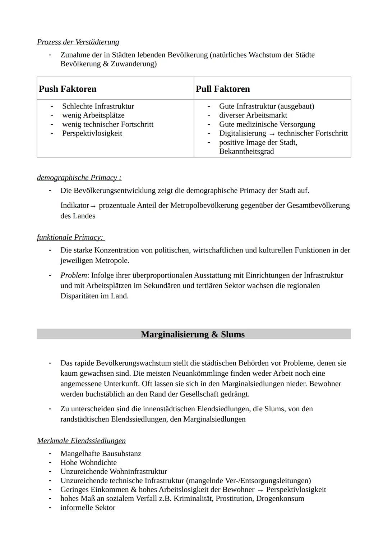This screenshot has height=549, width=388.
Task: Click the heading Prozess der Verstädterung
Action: click(78, 42)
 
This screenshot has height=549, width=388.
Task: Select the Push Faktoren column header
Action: click(68, 89)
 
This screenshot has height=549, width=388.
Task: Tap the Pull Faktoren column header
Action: click(223, 89)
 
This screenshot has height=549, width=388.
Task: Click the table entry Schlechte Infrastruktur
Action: click(98, 106)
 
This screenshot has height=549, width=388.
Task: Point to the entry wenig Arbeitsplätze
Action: click(93, 115)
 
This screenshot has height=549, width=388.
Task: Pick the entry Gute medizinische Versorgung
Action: click(267, 124)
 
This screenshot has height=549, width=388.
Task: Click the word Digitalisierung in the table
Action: click(242, 133)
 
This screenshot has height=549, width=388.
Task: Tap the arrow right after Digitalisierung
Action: click(272, 134)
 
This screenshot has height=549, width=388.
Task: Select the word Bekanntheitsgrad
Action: click(246, 151)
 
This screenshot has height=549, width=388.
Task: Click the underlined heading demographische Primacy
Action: click(79, 178)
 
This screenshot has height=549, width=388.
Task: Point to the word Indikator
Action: click(74, 205)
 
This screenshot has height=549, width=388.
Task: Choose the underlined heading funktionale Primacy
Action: click(70, 237)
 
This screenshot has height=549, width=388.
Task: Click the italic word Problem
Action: click(74, 275)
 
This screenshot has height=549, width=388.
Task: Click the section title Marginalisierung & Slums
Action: click(193, 334)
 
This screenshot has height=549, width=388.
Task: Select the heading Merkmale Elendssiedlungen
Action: click(81, 441)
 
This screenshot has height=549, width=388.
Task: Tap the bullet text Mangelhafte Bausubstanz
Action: click(101, 454)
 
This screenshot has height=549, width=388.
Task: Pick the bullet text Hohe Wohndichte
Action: click(88, 463)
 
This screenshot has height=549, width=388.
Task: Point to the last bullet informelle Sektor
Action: click(88, 508)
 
